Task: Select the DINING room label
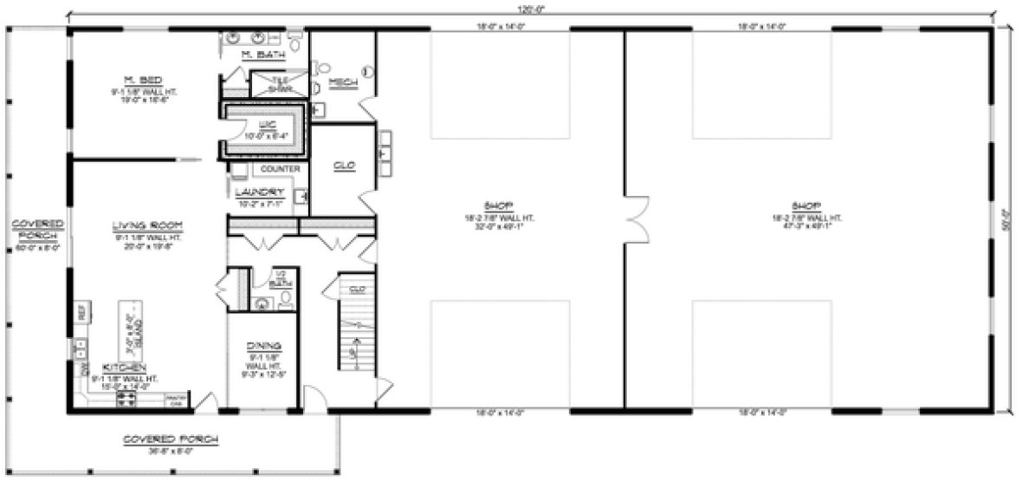tap(263, 345)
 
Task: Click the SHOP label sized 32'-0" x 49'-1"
tap(500, 206)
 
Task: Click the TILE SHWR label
tap(279, 83)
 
